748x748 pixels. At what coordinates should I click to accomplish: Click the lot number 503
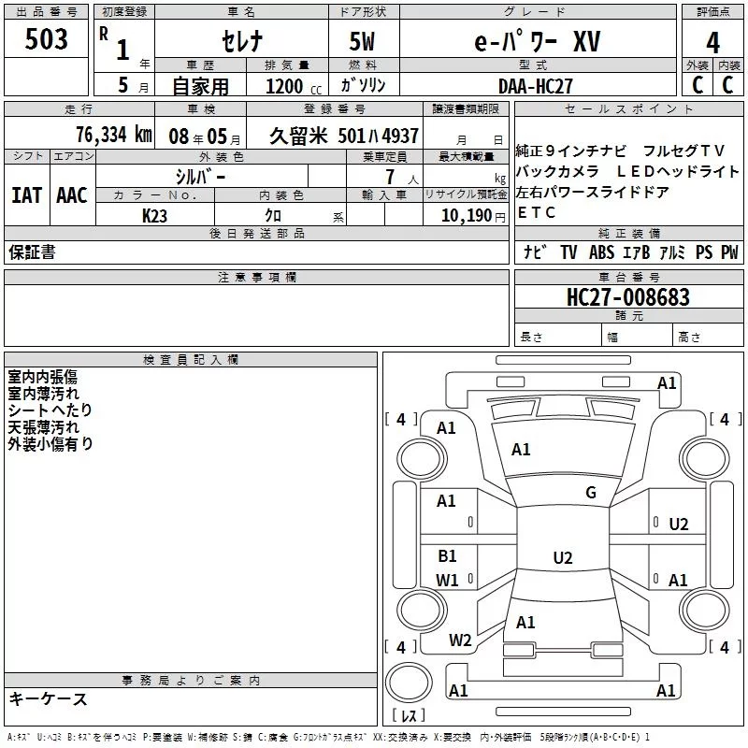[x=46, y=40]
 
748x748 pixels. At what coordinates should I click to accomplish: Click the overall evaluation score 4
[x=713, y=43]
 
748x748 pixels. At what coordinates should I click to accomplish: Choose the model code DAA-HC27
[x=536, y=85]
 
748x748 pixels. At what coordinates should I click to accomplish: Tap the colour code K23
[x=154, y=215]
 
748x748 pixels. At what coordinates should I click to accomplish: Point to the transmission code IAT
[x=27, y=194]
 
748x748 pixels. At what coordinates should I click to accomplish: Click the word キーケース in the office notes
[x=48, y=698]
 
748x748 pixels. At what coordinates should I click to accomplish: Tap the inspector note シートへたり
[x=50, y=410]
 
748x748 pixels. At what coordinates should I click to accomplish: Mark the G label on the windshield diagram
[x=590, y=493]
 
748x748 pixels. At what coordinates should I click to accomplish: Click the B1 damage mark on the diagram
[x=447, y=556]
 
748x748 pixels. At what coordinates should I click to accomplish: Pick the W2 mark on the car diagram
[x=460, y=640]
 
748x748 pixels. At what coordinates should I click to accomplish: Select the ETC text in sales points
[x=537, y=213]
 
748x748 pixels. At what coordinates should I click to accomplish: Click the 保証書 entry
[x=31, y=252]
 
